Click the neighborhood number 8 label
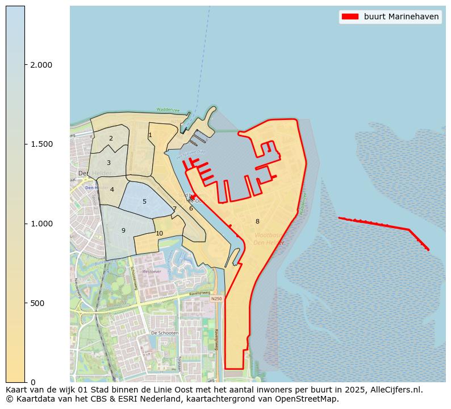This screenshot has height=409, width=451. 257,222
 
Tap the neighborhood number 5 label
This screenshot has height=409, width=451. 144,202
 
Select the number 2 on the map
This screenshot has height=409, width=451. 111,139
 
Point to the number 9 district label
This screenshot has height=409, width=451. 123,230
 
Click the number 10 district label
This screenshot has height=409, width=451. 160,233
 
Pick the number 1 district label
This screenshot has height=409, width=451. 150,135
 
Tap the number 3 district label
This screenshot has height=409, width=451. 108,163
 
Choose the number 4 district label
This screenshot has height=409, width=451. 112,190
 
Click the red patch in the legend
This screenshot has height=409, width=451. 349,16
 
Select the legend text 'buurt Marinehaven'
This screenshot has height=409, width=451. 401,16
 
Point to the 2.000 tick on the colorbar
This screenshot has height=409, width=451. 41,65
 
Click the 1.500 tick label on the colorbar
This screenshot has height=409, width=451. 41,144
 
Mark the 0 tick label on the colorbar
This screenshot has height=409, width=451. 33,382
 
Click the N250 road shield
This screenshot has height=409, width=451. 216,299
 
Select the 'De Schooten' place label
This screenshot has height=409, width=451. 165,333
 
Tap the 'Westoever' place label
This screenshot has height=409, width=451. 152,271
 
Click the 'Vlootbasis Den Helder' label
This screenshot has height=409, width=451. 269,239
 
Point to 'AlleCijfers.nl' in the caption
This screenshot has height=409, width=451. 396,390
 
